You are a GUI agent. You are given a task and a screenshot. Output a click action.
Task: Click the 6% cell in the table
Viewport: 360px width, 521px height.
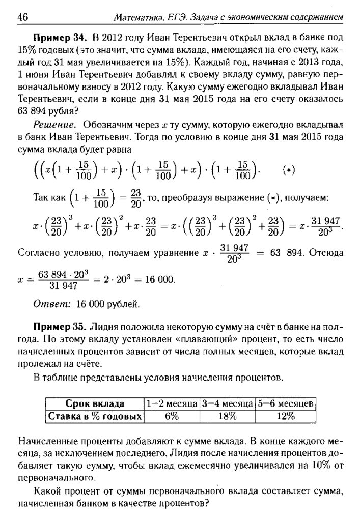pyautogui.click(x=171, y=416)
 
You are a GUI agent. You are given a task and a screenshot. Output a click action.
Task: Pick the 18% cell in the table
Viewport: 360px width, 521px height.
pyautogui.click(x=227, y=416)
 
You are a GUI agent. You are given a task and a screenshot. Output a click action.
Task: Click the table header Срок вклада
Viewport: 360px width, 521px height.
pyautogui.click(x=95, y=404)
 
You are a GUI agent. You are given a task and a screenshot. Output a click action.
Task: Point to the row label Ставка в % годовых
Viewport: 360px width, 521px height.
pyautogui.click(x=95, y=416)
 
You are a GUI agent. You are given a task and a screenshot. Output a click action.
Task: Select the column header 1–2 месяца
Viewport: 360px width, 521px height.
pyautogui.click(x=172, y=404)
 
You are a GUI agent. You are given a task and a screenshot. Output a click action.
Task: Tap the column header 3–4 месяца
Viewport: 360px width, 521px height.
pyautogui.click(x=227, y=404)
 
